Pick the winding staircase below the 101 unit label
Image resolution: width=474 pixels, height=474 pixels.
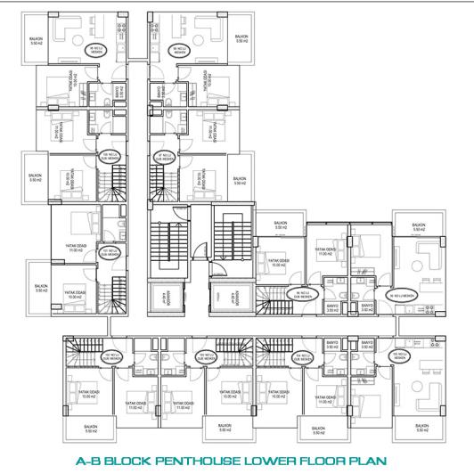(x=109, y=294)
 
